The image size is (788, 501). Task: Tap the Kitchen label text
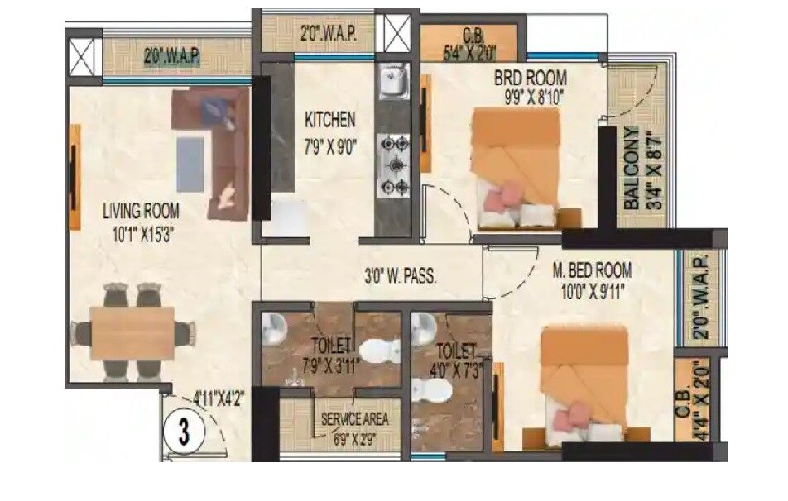pyautogui.click(x=330, y=120)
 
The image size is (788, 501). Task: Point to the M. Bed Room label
pyautogui.click(x=592, y=270)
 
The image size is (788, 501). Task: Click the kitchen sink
pyautogui.click(x=390, y=82)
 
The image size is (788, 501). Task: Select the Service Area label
pyautogui.click(x=354, y=419)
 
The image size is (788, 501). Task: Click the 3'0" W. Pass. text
pyautogui.click(x=401, y=278)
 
